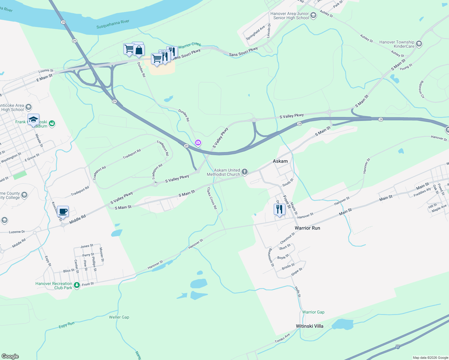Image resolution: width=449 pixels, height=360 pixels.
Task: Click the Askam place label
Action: tap(280, 161)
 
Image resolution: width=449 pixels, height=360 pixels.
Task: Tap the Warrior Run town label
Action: tap(307, 228)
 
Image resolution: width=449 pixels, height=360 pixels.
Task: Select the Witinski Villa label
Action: tap(309, 326)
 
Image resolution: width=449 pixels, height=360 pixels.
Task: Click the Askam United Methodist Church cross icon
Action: tap(245, 172)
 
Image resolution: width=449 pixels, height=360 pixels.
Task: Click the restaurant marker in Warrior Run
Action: tap(279, 209)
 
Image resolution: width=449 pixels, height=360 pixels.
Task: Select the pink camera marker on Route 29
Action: tap(198, 142)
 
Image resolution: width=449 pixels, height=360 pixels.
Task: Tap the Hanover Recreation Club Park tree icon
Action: tap(77, 285)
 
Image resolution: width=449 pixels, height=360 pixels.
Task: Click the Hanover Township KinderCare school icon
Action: tap(419, 44)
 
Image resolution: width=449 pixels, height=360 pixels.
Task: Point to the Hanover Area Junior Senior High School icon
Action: tap(313, 16)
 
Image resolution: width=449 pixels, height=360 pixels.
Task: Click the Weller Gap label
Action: tap(119, 317)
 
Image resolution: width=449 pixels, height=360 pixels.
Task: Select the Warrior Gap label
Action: tap(313, 312)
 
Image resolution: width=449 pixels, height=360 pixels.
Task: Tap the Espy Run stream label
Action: tap(67, 325)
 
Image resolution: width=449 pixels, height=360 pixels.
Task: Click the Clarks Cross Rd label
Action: tap(212, 198)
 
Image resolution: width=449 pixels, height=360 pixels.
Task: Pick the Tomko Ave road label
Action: tap(282, 338)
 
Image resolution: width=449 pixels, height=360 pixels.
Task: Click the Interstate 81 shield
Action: tap(398, 347)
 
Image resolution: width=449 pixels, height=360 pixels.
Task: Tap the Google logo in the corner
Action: tap(10, 356)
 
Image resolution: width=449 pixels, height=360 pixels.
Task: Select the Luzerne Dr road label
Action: tap(17, 232)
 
